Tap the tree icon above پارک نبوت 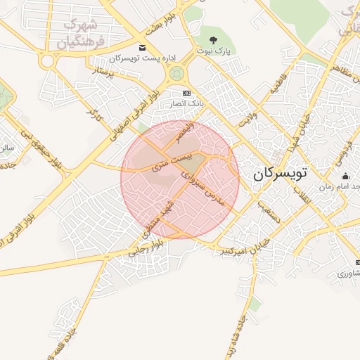tap(213, 40)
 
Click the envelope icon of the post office tap(143, 47)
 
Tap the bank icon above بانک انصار tap(186, 93)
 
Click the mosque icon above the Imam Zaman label tap(345, 176)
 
